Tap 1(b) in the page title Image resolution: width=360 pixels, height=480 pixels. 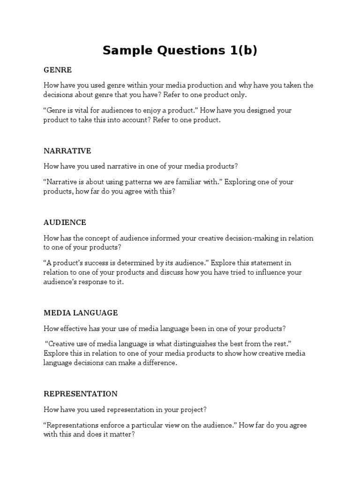[x=240, y=51]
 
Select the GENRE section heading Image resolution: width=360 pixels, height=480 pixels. [x=58, y=70]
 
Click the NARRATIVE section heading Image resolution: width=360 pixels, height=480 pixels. [x=67, y=151]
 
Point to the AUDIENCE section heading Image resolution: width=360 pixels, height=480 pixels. [x=65, y=222]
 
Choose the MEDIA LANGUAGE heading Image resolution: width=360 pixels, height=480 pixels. [x=81, y=313]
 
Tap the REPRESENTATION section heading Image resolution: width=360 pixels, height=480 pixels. [x=81, y=394]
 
